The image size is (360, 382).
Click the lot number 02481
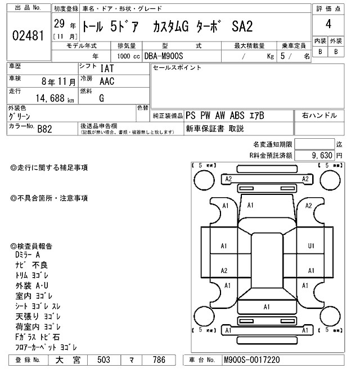pyautogui.click(x=29, y=35)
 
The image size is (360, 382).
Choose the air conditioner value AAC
pyautogui.click(x=107, y=82)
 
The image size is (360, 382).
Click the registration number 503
pyautogui.click(x=103, y=360)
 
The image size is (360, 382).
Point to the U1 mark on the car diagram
pyautogui.click(x=310, y=246)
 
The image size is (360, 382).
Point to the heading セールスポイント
pyautogui.click(x=177, y=67)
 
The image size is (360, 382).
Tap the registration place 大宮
pyautogui.click(x=67, y=360)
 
